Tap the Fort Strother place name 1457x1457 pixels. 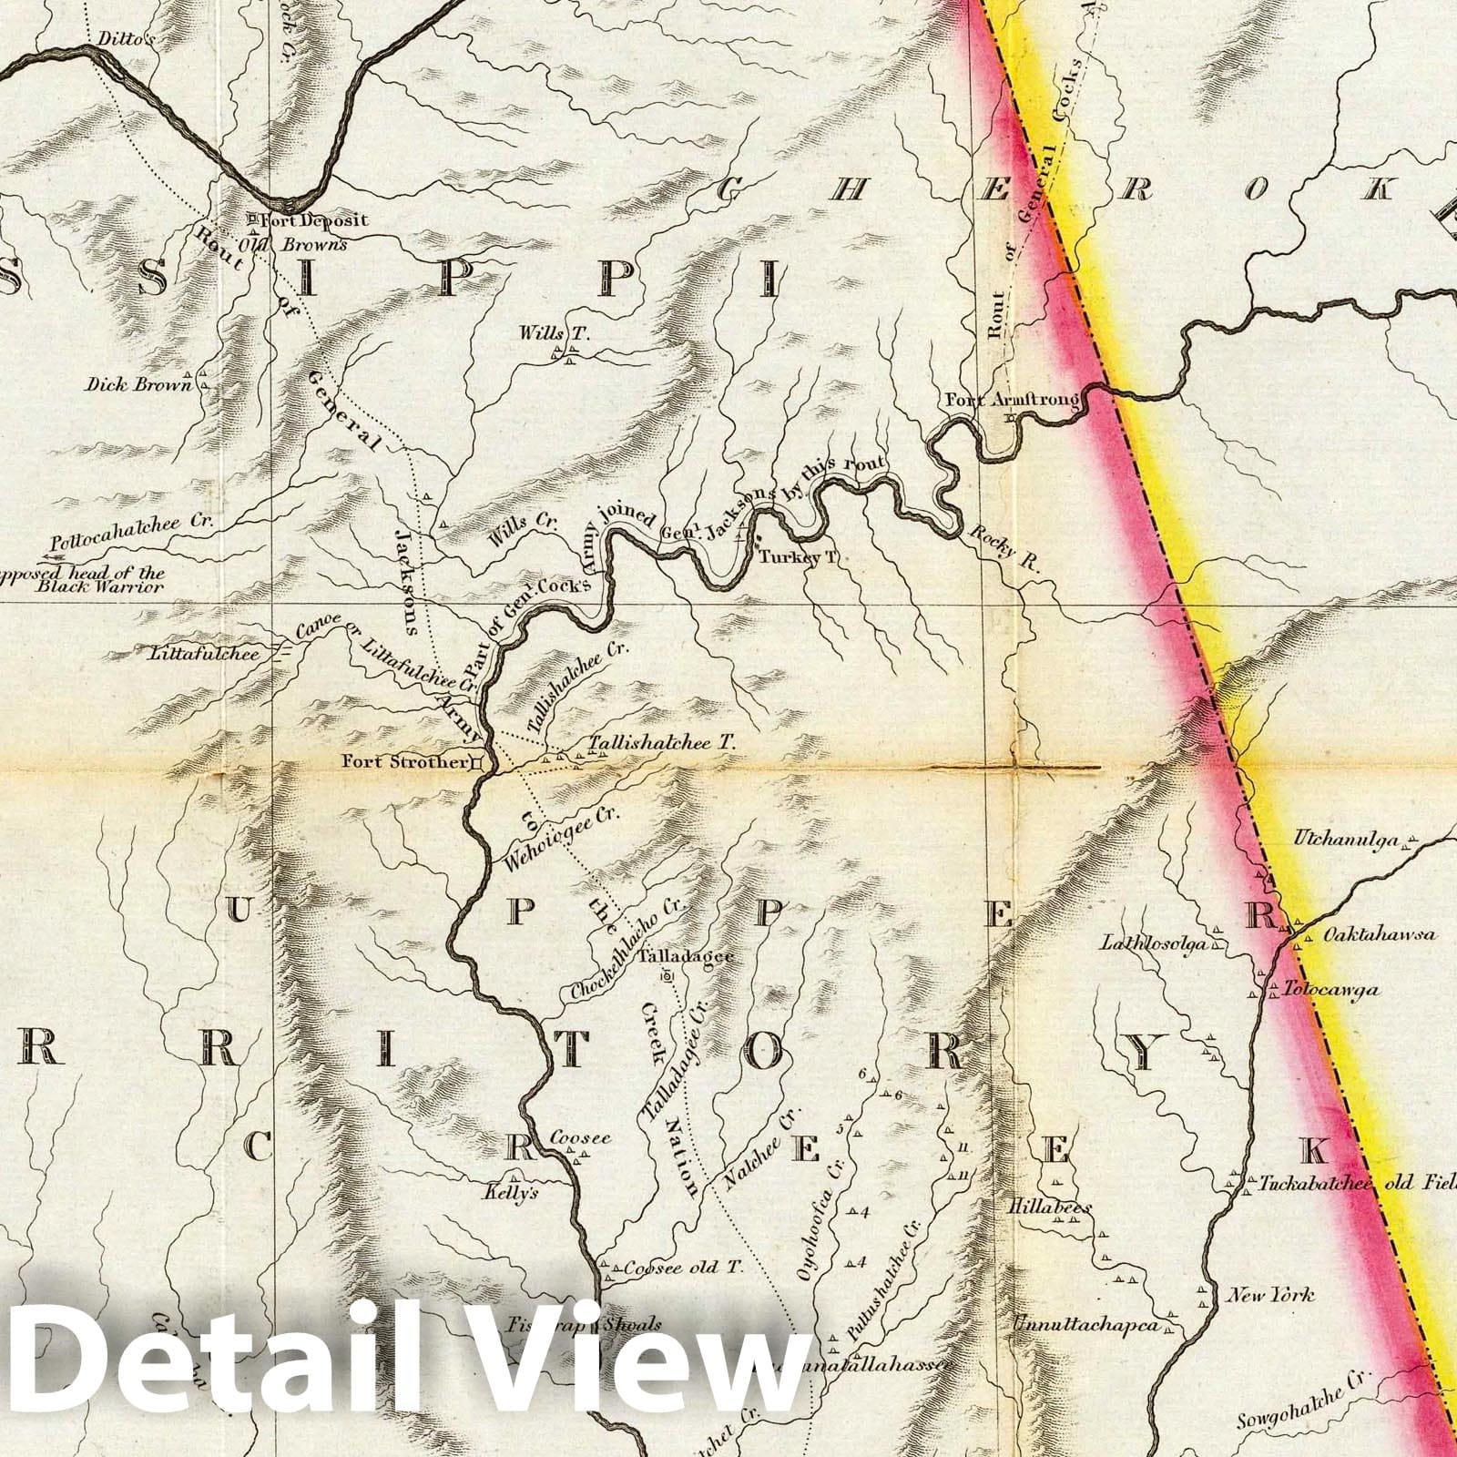pos(404,762)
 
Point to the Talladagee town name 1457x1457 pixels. pos(686,958)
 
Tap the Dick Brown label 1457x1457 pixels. pos(139,384)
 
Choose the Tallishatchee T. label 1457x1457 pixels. pos(661,743)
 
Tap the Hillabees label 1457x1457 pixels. pos(1048,1208)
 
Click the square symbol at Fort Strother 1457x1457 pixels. pos(476,763)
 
